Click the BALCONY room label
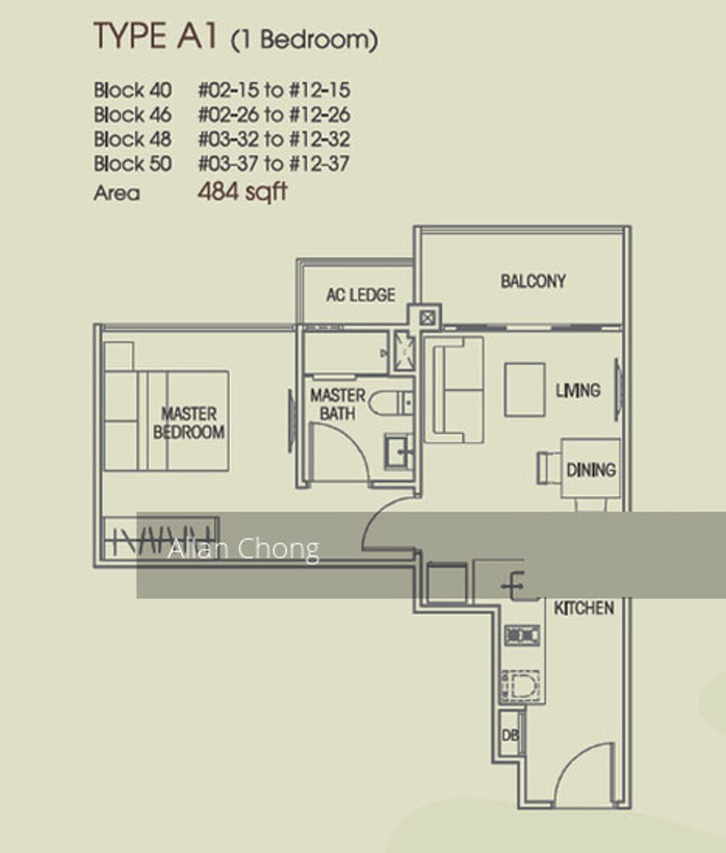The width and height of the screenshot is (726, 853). click(532, 281)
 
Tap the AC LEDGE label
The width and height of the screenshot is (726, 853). click(361, 295)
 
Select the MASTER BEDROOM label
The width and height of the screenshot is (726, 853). click(189, 422)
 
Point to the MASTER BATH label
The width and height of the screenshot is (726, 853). click(337, 404)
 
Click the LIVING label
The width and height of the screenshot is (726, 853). click(578, 390)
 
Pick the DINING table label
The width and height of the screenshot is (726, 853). click(591, 469)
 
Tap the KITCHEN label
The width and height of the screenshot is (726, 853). click(584, 608)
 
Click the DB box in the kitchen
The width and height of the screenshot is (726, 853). click(510, 735)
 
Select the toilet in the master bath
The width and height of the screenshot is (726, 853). click(390, 404)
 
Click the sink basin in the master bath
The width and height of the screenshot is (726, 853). click(398, 451)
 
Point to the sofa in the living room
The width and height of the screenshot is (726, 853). click(454, 390)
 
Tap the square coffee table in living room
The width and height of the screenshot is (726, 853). click(524, 389)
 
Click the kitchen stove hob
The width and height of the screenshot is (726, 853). click(521, 635)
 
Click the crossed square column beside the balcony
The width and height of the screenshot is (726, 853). click(428, 318)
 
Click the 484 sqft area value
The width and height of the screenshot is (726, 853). click(242, 192)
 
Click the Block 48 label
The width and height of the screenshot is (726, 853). click(132, 139)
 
